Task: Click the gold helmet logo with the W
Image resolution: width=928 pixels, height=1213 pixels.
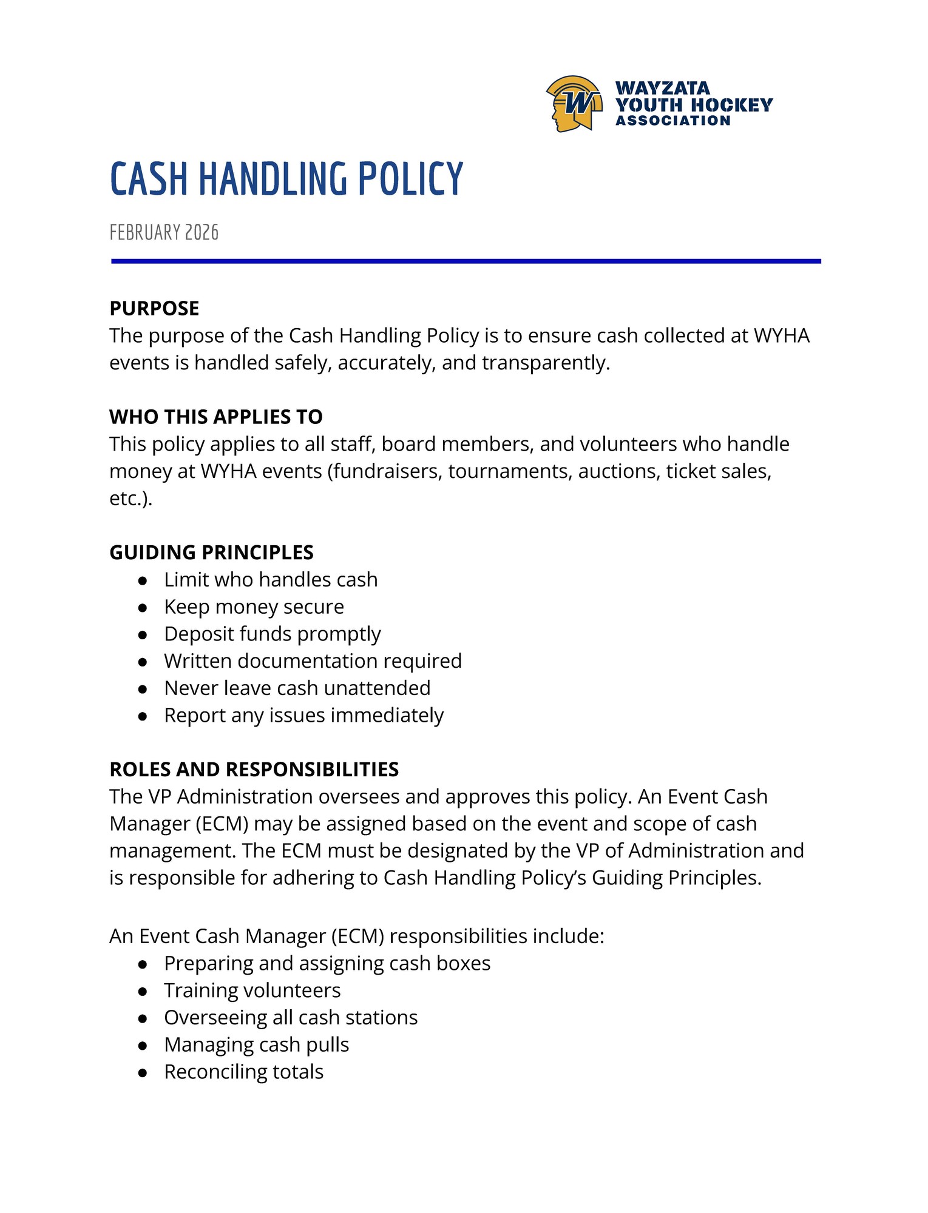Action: point(574,104)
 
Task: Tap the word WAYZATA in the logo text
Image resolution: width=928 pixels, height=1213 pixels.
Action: point(662,89)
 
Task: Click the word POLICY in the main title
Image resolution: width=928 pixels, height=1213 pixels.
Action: point(410,179)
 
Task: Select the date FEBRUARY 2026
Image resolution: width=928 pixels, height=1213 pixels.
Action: point(164,233)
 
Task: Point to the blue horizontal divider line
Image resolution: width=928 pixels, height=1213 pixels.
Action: point(466,261)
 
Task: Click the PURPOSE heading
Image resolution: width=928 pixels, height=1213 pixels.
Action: point(154,309)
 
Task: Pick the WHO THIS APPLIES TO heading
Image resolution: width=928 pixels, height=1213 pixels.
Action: point(215,417)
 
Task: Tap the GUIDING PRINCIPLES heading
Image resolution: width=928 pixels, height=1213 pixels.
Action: point(211,553)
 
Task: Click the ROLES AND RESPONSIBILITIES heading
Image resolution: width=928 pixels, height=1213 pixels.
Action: point(254,770)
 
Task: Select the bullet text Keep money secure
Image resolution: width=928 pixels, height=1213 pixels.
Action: point(254,607)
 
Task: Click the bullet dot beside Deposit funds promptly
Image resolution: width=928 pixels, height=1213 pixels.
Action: point(143,635)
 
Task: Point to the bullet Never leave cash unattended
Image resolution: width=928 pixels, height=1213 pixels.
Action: point(297,688)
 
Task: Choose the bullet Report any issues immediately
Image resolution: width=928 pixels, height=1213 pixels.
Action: point(303,716)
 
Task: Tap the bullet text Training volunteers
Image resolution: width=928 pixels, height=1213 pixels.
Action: point(252,991)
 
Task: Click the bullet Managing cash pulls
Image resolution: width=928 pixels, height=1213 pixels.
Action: point(256,1045)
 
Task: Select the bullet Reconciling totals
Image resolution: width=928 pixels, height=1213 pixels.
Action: point(243,1072)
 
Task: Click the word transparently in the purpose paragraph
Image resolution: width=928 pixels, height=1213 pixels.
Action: point(545,363)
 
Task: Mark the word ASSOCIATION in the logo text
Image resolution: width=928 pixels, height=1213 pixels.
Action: point(672,121)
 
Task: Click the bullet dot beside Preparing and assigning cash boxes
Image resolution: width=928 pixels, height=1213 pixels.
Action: point(143,964)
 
